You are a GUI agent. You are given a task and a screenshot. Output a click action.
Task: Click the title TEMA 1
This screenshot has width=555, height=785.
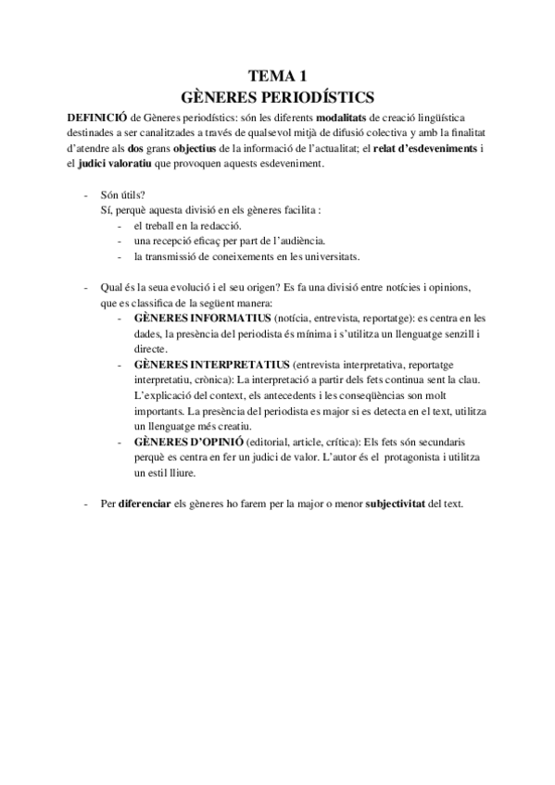pos(279,78)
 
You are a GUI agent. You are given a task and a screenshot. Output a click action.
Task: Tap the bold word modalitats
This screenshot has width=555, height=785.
pos(344,117)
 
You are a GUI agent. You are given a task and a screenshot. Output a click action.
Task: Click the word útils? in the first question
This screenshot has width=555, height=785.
pos(132,194)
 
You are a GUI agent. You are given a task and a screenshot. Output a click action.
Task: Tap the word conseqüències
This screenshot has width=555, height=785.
pos(387,396)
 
